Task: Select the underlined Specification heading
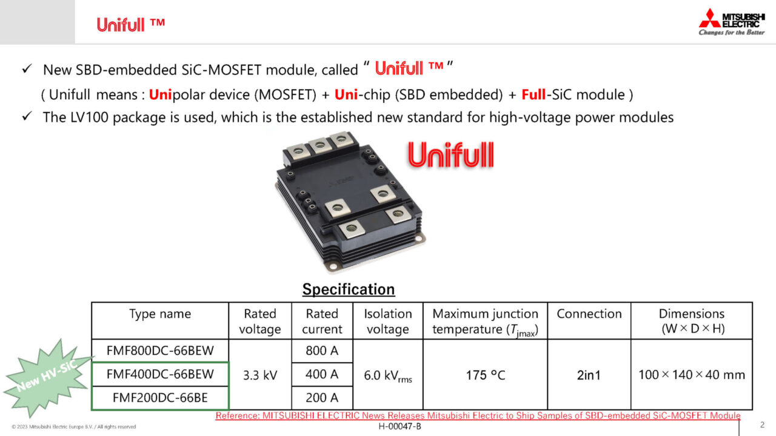point(348,289)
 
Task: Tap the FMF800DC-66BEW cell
point(160,351)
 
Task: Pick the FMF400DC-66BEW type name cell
point(160,374)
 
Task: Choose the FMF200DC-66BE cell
point(160,398)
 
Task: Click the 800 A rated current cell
point(322,351)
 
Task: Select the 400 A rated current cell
point(322,374)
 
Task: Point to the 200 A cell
point(322,398)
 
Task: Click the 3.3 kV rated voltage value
point(260,375)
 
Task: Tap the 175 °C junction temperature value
point(486,375)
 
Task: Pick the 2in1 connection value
point(589,375)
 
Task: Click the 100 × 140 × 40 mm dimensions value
point(692,375)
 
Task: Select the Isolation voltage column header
point(388,321)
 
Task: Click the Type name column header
point(160,314)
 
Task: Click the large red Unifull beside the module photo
point(450,156)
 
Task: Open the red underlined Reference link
point(478,415)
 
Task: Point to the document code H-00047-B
point(400,426)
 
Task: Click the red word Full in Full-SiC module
point(533,94)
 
